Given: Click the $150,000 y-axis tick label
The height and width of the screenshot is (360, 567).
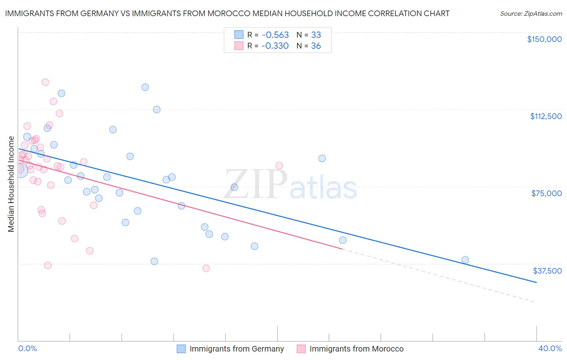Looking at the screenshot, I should coord(544,39).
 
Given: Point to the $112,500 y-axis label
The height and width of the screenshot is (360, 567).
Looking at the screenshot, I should coord(546,116).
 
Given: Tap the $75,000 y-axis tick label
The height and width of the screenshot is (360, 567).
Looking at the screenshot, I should coord(546,193).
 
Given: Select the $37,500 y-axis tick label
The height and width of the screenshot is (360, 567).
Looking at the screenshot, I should coord(547,270).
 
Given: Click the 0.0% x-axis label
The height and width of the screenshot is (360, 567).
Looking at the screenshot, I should coord(27,348).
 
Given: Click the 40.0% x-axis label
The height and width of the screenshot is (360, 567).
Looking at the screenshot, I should coord(550,348).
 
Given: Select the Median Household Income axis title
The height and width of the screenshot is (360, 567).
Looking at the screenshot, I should coord(11,184).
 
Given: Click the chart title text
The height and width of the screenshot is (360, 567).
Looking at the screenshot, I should coord(227,13).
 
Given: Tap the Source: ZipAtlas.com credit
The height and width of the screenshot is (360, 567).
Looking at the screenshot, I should coord(531,13).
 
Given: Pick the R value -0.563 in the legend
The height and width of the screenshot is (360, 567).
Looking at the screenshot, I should coord(275,35).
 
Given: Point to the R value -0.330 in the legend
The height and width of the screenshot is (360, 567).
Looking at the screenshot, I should coord(275,46).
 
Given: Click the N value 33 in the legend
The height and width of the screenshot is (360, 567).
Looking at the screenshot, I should coord(316,35).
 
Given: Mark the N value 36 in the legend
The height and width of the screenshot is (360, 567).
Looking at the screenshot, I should coord(316,46).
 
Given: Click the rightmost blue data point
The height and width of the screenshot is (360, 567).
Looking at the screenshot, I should coord(465,260).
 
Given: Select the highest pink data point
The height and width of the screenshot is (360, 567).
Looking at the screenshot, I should coord(45,82).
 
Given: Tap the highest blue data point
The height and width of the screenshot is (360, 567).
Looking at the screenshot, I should coord(145,87).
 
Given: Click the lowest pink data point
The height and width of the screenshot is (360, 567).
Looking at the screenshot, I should coord(206,268).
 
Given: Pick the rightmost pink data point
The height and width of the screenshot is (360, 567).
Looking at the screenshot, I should coord(279,165).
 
